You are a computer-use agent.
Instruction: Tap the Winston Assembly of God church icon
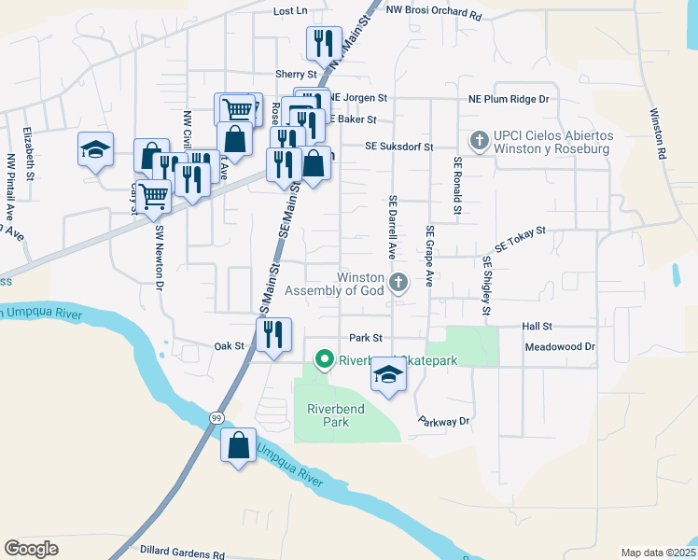click(x=398, y=282)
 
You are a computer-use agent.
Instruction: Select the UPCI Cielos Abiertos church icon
click(x=480, y=141)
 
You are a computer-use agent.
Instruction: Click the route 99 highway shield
click(x=216, y=416)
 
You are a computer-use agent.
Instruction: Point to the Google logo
click(x=31, y=549)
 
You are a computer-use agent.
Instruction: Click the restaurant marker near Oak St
click(x=273, y=334)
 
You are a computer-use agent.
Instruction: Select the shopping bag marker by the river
click(x=239, y=445)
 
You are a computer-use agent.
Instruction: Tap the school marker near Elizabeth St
click(x=94, y=149)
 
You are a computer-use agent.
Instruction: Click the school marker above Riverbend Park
click(x=388, y=376)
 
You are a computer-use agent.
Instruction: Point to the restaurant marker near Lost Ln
click(x=324, y=42)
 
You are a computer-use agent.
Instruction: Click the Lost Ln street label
click(x=290, y=11)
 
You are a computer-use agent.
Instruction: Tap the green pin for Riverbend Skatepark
click(x=325, y=358)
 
